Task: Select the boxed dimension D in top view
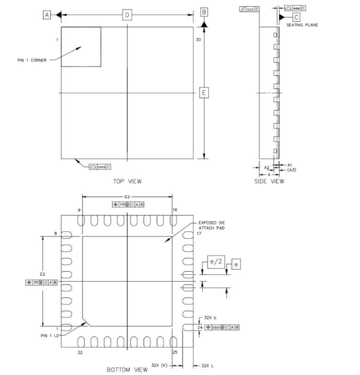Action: [127, 14]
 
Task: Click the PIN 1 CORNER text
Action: [27, 60]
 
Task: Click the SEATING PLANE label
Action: [302, 25]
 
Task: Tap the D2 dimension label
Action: [127, 197]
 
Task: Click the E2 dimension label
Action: [42, 273]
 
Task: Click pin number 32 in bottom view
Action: [80, 352]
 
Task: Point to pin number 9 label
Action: [80, 210]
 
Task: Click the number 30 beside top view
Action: [198, 39]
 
